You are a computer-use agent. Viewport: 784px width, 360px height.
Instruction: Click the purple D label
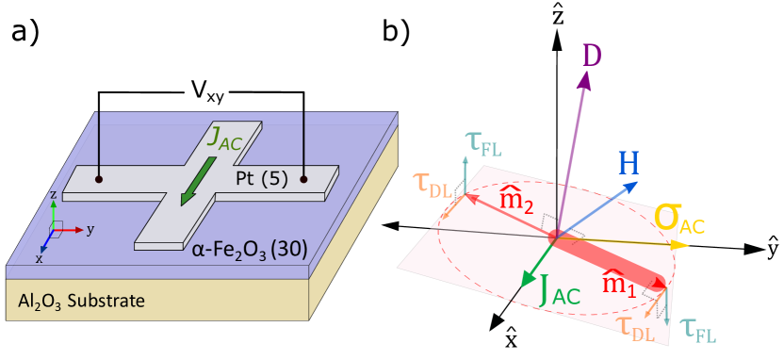tap(591, 57)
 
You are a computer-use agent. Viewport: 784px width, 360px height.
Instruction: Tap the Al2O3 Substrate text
tap(81, 302)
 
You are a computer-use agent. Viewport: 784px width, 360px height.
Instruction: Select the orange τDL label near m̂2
tap(433, 183)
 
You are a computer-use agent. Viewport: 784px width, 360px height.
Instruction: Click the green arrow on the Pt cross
tap(199, 180)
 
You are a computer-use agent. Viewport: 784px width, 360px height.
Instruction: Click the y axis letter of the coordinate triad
tap(89, 229)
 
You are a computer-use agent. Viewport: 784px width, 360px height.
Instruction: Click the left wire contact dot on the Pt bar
tap(99, 176)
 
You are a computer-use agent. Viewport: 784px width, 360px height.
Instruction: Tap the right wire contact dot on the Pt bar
tap(303, 176)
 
